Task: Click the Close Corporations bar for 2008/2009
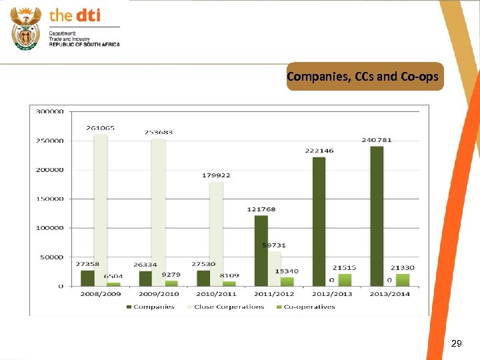(x=101, y=210)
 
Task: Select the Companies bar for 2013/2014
(x=377, y=216)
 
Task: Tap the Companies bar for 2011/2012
(x=261, y=251)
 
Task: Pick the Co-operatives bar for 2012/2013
(x=344, y=280)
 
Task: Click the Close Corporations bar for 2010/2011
(x=216, y=233)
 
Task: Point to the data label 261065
(x=100, y=127)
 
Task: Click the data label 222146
(x=320, y=151)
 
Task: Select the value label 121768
(x=261, y=209)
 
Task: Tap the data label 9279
(x=171, y=274)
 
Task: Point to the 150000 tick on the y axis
(x=50, y=199)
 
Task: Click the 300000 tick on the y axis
(x=50, y=111)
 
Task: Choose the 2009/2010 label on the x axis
(x=159, y=294)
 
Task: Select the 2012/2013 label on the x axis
(x=332, y=294)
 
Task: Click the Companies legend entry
(x=150, y=307)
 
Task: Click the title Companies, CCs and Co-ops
(x=363, y=77)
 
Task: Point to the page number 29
(x=456, y=344)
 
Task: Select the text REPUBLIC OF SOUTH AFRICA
(x=84, y=44)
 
